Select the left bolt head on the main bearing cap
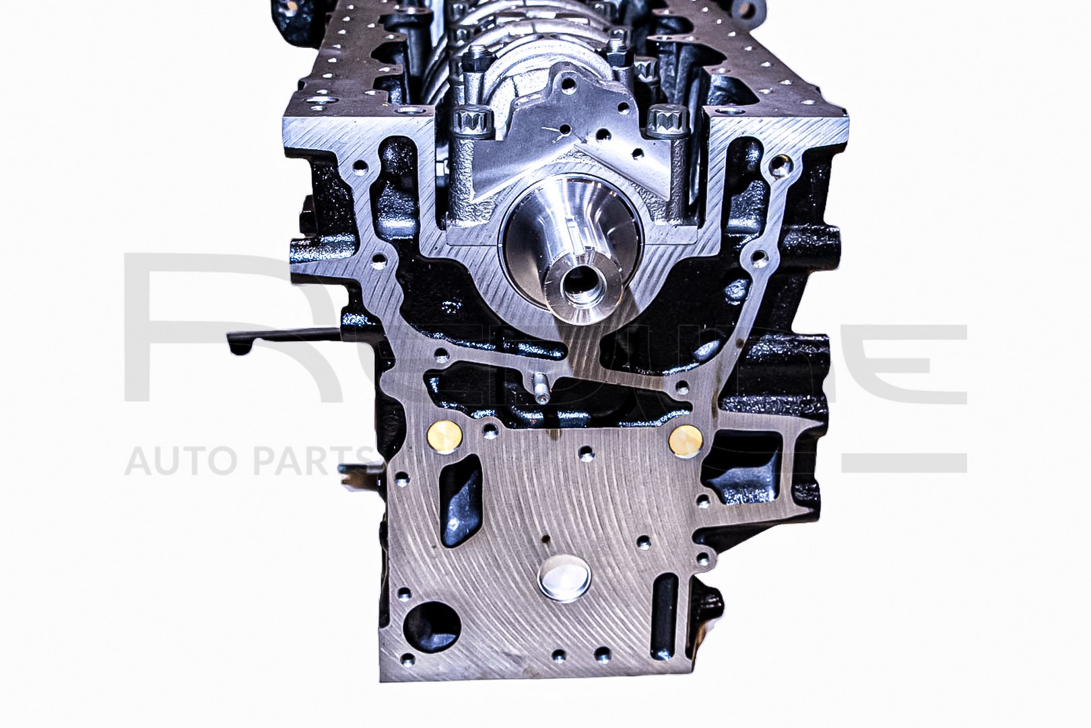point(469,126)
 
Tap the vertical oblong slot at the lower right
point(665,604)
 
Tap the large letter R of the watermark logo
point(202,324)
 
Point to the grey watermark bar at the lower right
point(902,462)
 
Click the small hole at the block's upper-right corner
point(781,162)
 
